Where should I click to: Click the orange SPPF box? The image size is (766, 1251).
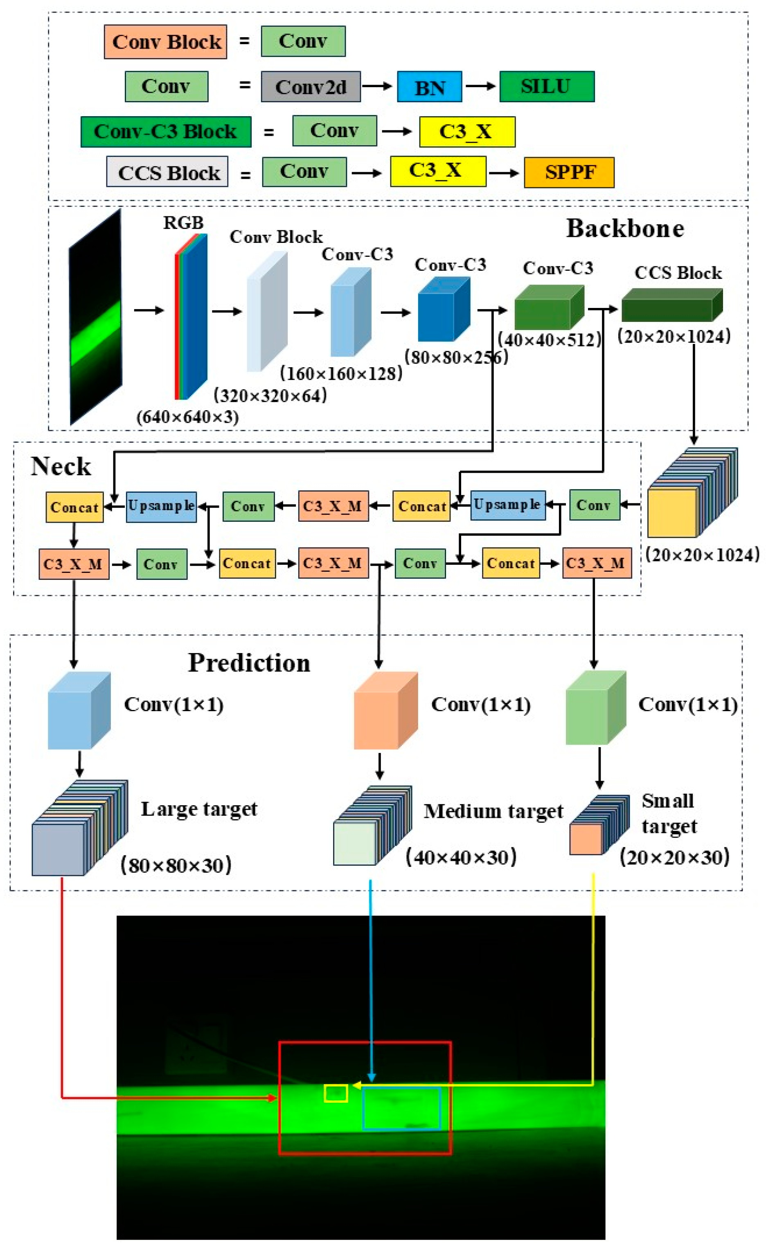coord(568,173)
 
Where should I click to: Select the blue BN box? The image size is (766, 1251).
coord(429,87)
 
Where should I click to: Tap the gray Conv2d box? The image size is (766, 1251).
coord(310,87)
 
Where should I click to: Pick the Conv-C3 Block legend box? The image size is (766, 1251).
coord(166,132)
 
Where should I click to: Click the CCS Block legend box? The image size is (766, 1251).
coord(167,172)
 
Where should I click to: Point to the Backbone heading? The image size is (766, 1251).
coord(625,229)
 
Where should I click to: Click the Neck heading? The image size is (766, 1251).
coord(61,466)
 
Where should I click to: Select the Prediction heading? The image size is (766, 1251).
coord(249,663)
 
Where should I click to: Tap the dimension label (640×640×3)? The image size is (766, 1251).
coord(187,417)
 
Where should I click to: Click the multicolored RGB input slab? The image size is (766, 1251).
coord(191,317)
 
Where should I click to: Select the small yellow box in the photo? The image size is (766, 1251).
coord(336,1093)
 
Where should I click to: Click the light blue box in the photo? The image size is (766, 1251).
coord(401,1108)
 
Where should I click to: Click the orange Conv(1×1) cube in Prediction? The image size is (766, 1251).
coord(385,711)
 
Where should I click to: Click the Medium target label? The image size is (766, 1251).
coord(493,811)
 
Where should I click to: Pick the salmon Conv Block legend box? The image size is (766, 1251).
coord(166,42)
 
